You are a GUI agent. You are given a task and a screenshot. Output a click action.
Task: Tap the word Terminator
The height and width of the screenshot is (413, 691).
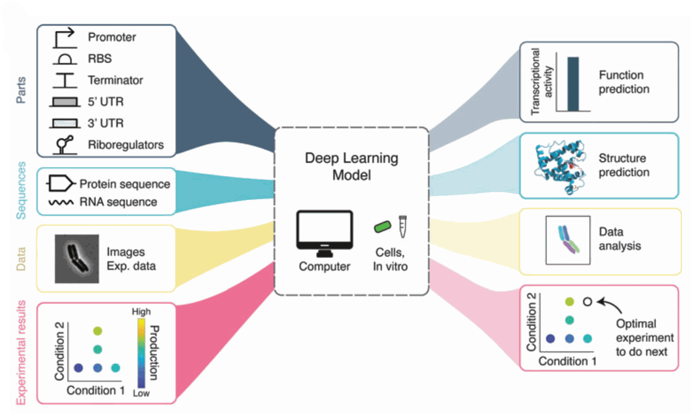[115, 80]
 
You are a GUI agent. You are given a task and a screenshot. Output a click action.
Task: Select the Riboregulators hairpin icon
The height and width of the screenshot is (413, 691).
[65, 145]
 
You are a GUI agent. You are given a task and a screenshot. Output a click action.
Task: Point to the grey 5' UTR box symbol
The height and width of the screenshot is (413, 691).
[65, 102]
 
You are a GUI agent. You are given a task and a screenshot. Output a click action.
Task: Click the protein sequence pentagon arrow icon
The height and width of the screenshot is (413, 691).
[60, 183]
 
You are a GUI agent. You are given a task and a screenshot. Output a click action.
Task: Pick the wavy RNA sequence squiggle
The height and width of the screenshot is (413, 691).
[61, 203]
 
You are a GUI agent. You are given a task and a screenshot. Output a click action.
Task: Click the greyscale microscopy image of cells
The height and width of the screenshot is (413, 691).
[77, 259]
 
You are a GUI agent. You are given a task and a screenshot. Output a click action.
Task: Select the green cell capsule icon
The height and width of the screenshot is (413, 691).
[382, 227]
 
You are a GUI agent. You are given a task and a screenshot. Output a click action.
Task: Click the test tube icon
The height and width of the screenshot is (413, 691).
[402, 226]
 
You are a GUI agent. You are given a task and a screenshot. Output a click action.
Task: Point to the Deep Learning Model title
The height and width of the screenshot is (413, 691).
[351, 166]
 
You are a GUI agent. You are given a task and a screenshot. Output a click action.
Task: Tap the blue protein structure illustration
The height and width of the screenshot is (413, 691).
[560, 167]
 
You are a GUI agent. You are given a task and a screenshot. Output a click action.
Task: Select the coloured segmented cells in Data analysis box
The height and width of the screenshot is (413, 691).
[568, 240]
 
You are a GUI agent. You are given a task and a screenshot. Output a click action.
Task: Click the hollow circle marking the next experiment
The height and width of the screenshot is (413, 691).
[587, 302]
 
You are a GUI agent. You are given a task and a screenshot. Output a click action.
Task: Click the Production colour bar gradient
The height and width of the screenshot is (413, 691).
[141, 353]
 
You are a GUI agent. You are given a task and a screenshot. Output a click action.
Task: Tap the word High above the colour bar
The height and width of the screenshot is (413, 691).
[141, 312]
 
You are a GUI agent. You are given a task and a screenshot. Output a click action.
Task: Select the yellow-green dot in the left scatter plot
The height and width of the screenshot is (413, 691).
[98, 331]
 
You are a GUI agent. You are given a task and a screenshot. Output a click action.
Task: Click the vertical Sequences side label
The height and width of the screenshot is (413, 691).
[21, 190]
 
